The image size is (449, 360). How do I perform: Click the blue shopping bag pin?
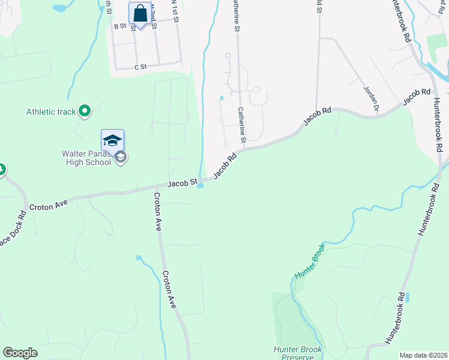(140, 13)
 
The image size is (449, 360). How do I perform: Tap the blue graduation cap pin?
(112, 140)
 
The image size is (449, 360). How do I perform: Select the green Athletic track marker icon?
(85, 110)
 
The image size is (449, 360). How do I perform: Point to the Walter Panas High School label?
(88, 158)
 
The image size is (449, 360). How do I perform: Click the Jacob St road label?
(182, 183)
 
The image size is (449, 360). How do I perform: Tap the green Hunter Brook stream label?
(309, 262)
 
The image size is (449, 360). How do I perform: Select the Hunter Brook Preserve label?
(298, 353)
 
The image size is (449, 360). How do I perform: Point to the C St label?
(140, 67)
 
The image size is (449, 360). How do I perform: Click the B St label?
(120, 26)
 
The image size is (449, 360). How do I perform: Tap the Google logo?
(20, 353)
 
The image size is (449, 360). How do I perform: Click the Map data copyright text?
(423, 355)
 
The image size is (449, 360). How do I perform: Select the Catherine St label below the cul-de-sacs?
(241, 125)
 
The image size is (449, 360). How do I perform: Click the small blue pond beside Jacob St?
(200, 185)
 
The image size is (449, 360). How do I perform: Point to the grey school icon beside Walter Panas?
(121, 158)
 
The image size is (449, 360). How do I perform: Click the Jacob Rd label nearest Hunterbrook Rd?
(417, 95)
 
